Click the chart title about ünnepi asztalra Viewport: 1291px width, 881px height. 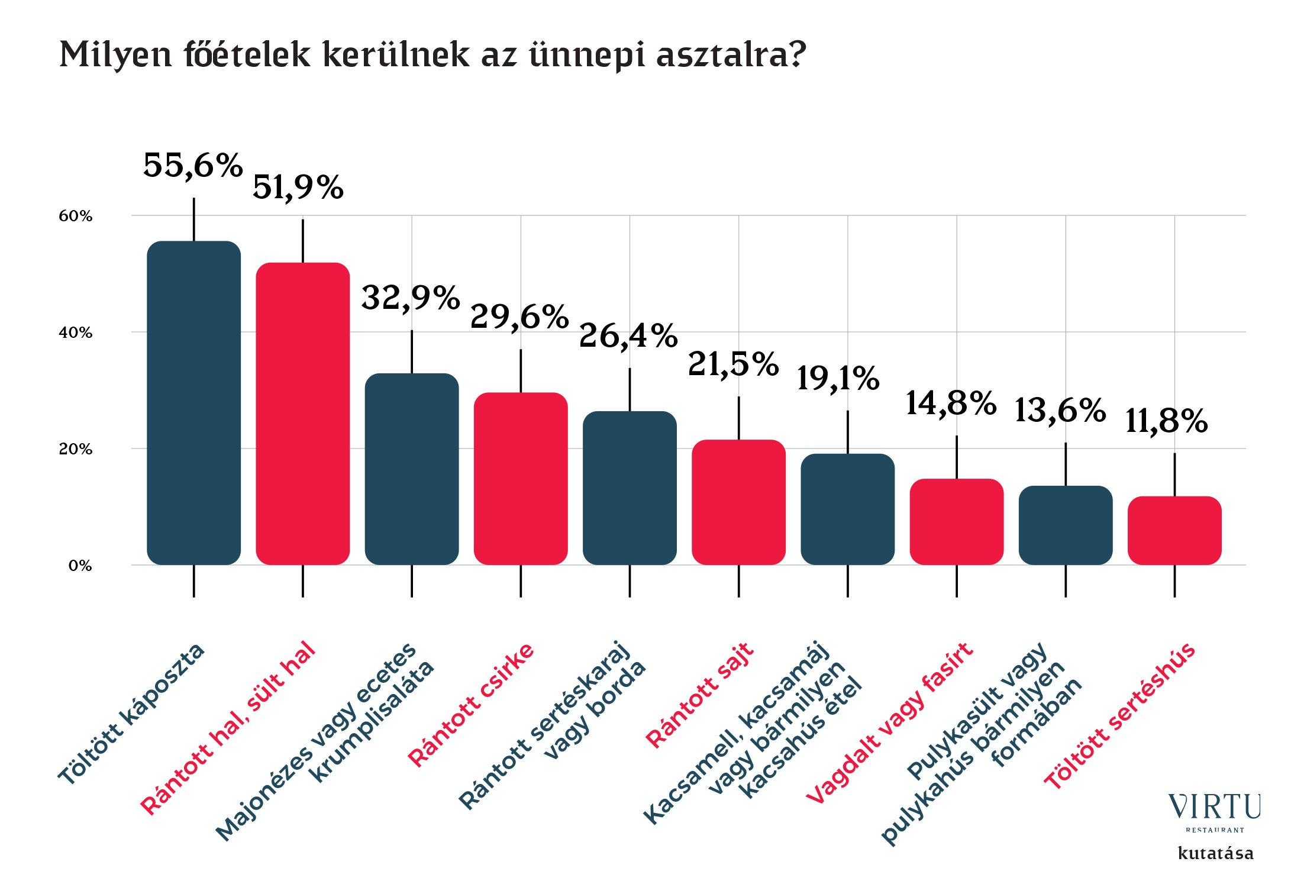coord(433,55)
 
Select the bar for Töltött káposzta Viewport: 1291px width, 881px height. coord(193,402)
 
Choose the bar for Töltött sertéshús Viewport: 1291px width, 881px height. coord(1174,530)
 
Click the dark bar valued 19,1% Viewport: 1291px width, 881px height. coord(847,509)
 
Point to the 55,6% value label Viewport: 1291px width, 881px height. coord(193,165)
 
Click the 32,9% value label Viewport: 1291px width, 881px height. coord(411,298)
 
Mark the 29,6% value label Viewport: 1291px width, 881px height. coord(519,317)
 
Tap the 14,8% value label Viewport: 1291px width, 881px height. coord(951,404)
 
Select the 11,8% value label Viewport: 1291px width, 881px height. coord(1166,421)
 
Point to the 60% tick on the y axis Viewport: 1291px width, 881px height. coord(76,216)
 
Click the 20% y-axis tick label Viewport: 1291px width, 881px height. coord(76,449)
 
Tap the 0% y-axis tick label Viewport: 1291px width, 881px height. coord(80,566)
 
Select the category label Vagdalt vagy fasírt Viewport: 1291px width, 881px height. coord(889,723)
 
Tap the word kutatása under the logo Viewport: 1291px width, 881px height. coord(1215,853)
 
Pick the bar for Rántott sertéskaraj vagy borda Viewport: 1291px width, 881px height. coord(630,488)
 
